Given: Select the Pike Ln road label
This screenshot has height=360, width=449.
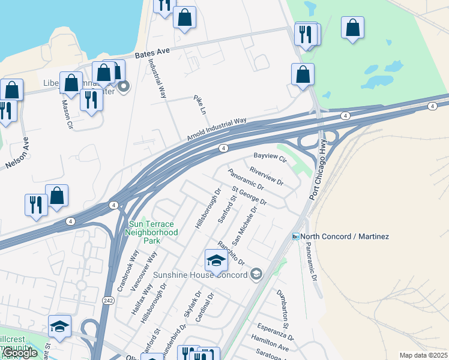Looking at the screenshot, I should (x=199, y=104).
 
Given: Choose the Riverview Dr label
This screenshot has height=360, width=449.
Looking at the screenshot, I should (x=266, y=175).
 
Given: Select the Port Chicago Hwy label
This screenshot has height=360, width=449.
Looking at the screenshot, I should (x=318, y=169).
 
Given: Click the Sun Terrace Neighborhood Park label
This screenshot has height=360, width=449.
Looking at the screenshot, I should (x=152, y=232).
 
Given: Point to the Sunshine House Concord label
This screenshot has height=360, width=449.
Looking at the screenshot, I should (x=200, y=275).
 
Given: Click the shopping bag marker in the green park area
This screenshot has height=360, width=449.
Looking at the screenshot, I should (x=352, y=28).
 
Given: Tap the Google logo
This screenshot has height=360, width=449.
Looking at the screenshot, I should (x=20, y=353).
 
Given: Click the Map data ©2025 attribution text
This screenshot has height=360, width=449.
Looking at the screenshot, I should (x=423, y=355).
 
